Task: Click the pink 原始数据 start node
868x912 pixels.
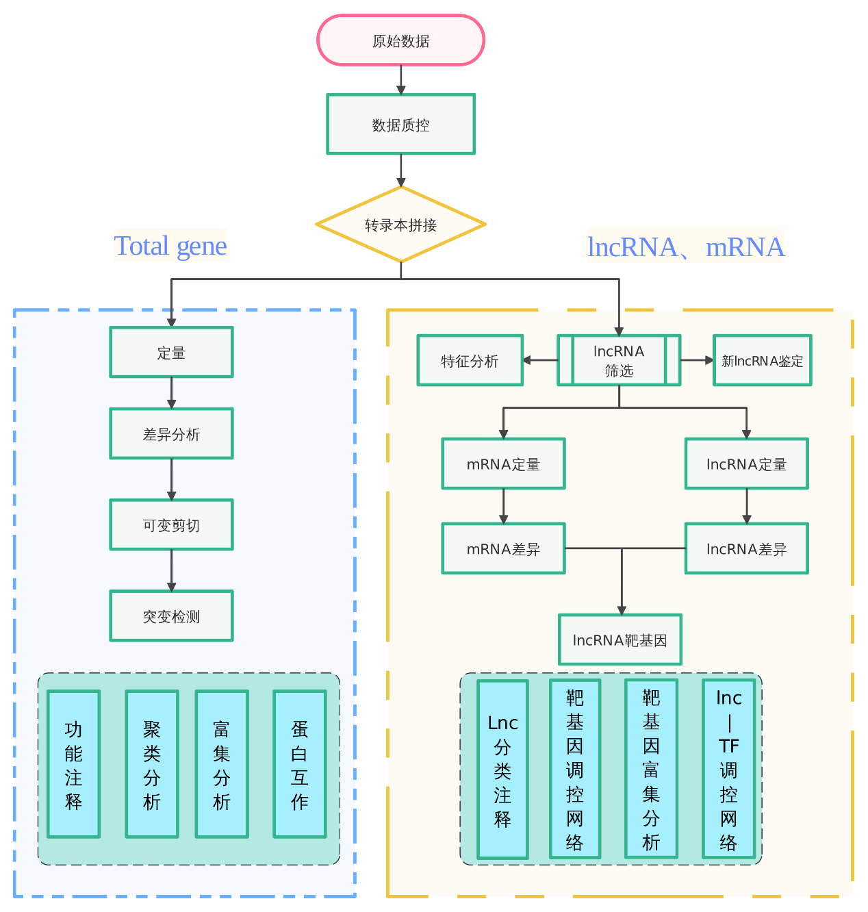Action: point(400,40)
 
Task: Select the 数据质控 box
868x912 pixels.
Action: point(400,124)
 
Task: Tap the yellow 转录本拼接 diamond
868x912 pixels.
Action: point(400,225)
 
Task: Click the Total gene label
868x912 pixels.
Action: point(170,246)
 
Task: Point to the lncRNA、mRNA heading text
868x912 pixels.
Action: point(686,246)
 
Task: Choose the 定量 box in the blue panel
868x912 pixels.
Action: point(171,352)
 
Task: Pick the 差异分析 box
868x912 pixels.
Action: point(171,433)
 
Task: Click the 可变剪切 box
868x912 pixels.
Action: point(171,524)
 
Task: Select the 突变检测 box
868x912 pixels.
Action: point(171,616)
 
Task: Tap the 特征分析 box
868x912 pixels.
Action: point(470,360)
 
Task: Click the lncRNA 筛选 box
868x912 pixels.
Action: point(619,360)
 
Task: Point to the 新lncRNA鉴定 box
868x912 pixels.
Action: point(762,360)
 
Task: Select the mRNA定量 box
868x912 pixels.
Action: point(503,464)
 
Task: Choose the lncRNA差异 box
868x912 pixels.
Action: point(746,548)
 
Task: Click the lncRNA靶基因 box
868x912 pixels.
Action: point(620,639)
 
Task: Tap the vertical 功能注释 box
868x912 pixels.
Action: point(73,764)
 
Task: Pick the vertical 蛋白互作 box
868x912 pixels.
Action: point(299,764)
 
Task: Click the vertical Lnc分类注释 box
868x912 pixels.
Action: point(502,770)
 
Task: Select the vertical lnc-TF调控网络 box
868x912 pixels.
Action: point(728,769)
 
